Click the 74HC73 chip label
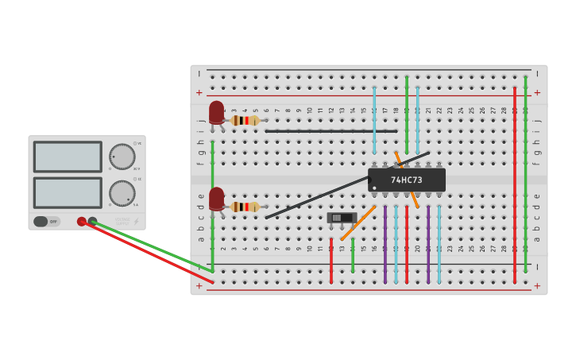(406, 180)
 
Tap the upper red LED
(216, 111)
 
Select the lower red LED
(216, 197)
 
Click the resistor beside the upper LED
(245, 120)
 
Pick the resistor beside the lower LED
(245, 207)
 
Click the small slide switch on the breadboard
(341, 218)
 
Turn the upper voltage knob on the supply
(122, 156)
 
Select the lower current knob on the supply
(122, 193)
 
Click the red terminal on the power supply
(81, 222)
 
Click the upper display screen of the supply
(68, 157)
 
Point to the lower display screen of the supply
(68, 193)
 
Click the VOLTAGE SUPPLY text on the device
(122, 220)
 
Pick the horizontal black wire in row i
(331, 131)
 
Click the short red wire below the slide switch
(331, 261)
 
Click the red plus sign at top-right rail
(537, 92)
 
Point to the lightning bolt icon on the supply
(136, 222)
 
